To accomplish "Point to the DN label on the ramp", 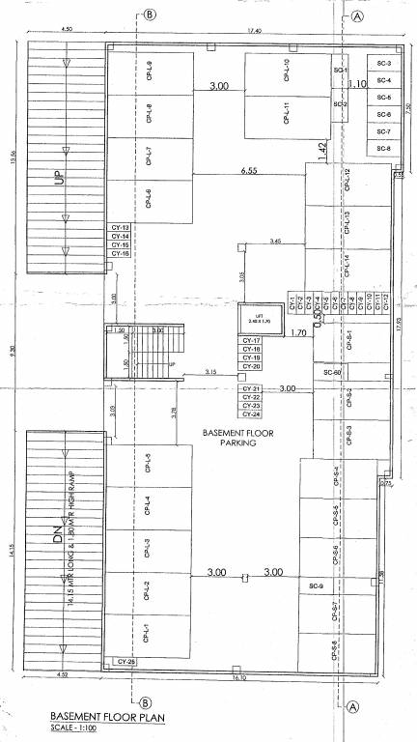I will click(55, 532).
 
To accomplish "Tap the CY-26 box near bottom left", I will click(125, 661).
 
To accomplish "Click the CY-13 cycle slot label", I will click(120, 227).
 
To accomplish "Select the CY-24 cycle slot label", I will click(251, 414).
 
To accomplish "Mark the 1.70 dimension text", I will click(299, 333).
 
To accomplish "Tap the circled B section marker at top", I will click(149, 14).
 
